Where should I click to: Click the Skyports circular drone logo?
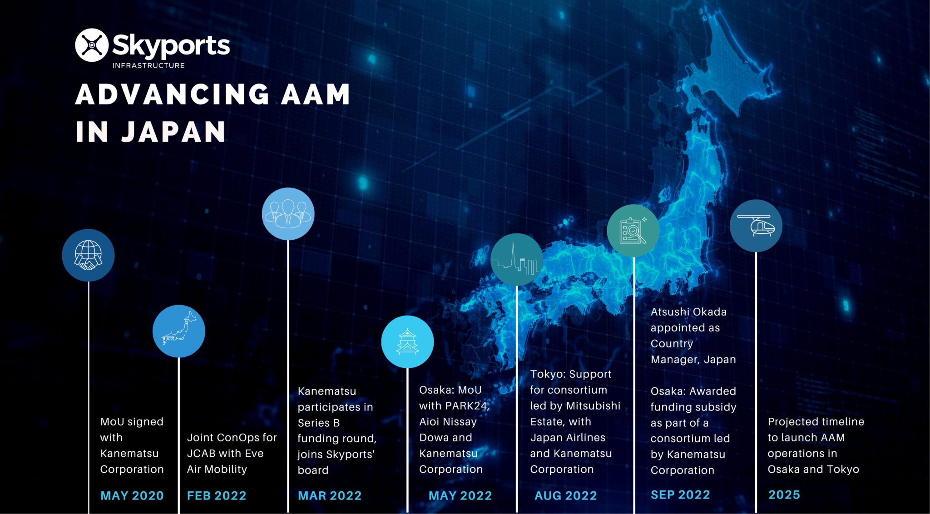[92, 45]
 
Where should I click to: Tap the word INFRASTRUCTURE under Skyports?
[148, 65]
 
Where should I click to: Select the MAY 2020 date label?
[132, 495]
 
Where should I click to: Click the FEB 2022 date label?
[217, 495]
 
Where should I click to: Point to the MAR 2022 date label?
[330, 495]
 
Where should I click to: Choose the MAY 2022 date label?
[460, 495]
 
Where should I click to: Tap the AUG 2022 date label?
[566, 495]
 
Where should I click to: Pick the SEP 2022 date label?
[680, 494]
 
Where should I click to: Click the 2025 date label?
[784, 494]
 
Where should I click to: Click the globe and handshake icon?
[88, 255]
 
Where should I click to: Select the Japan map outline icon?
[179, 331]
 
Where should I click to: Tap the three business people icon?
[288, 214]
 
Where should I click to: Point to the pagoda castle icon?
[407, 342]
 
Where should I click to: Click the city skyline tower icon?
[517, 260]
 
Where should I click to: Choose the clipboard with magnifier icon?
[633, 231]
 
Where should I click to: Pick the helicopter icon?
[756, 226]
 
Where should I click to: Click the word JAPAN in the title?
[173, 132]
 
